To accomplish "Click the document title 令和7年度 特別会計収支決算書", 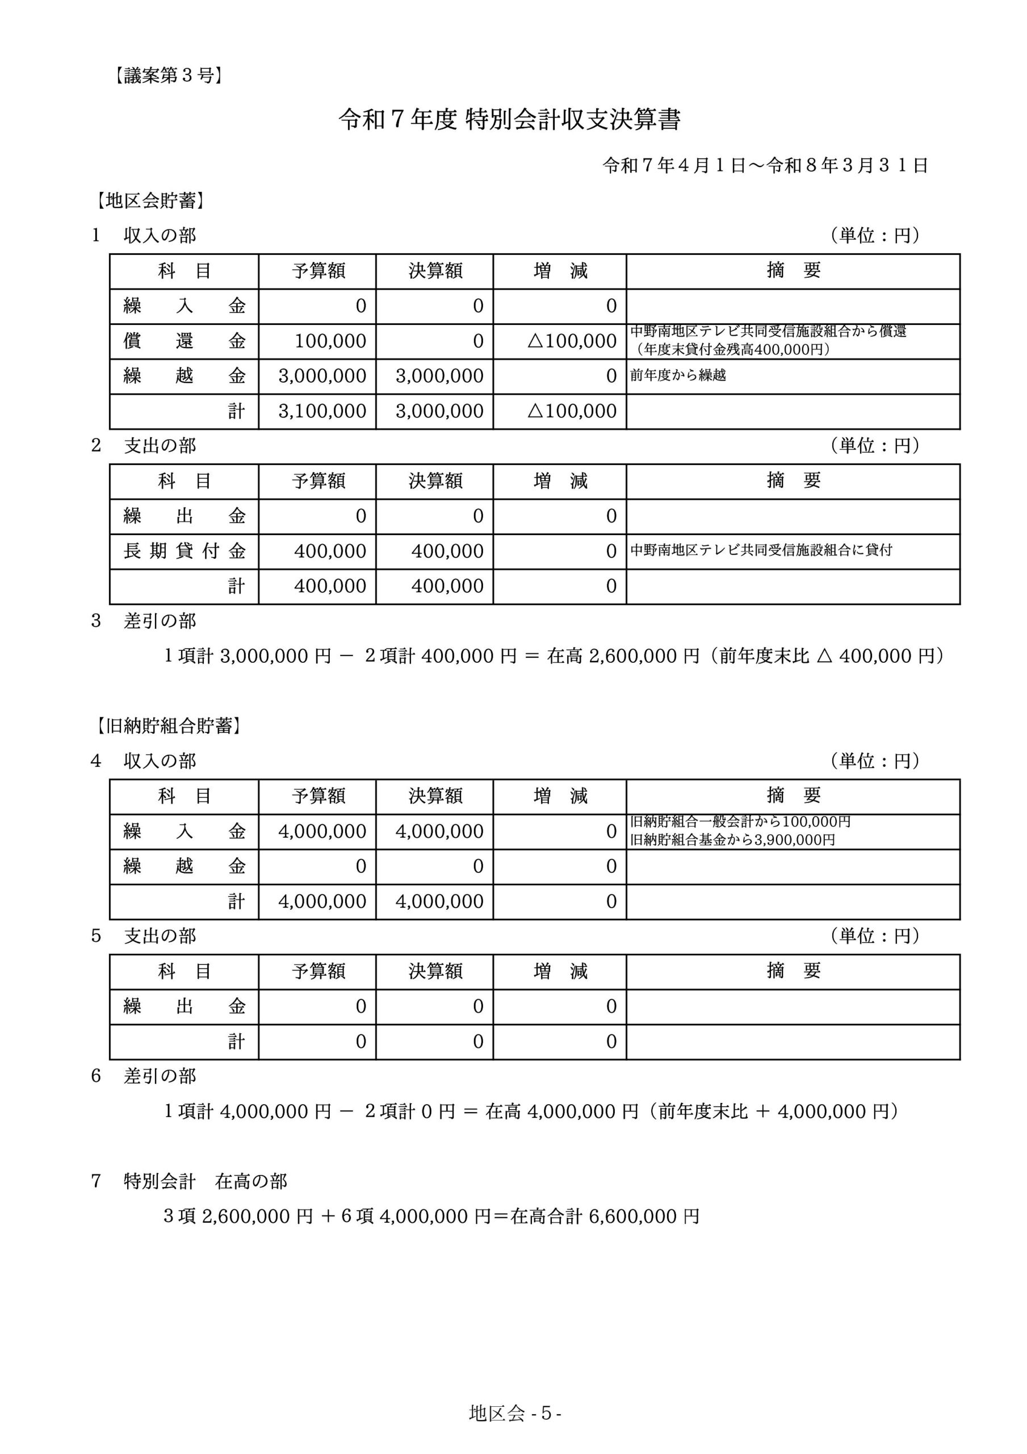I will point(509,120).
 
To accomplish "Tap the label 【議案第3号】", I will point(168,76).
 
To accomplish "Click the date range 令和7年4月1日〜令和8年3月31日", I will point(765,166).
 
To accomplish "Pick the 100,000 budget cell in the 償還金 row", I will point(330,341).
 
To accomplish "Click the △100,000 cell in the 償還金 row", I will point(572,341).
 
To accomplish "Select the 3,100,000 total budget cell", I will point(322,412).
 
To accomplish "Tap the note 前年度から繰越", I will point(677,375).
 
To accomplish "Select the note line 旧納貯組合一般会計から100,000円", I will point(740,822).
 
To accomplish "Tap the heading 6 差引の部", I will point(144,1076).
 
